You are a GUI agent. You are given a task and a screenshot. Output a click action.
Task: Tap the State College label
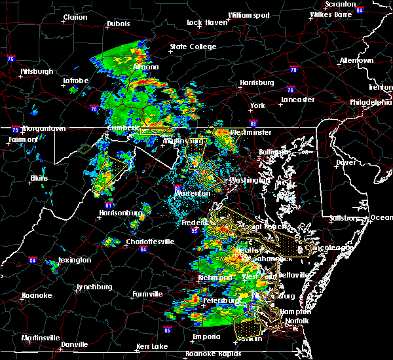coord(193,47)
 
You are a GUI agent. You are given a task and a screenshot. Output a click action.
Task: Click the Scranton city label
coord(341,4)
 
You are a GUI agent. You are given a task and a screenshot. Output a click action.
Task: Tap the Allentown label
coord(356,61)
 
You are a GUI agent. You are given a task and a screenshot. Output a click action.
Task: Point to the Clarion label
coord(75,18)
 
